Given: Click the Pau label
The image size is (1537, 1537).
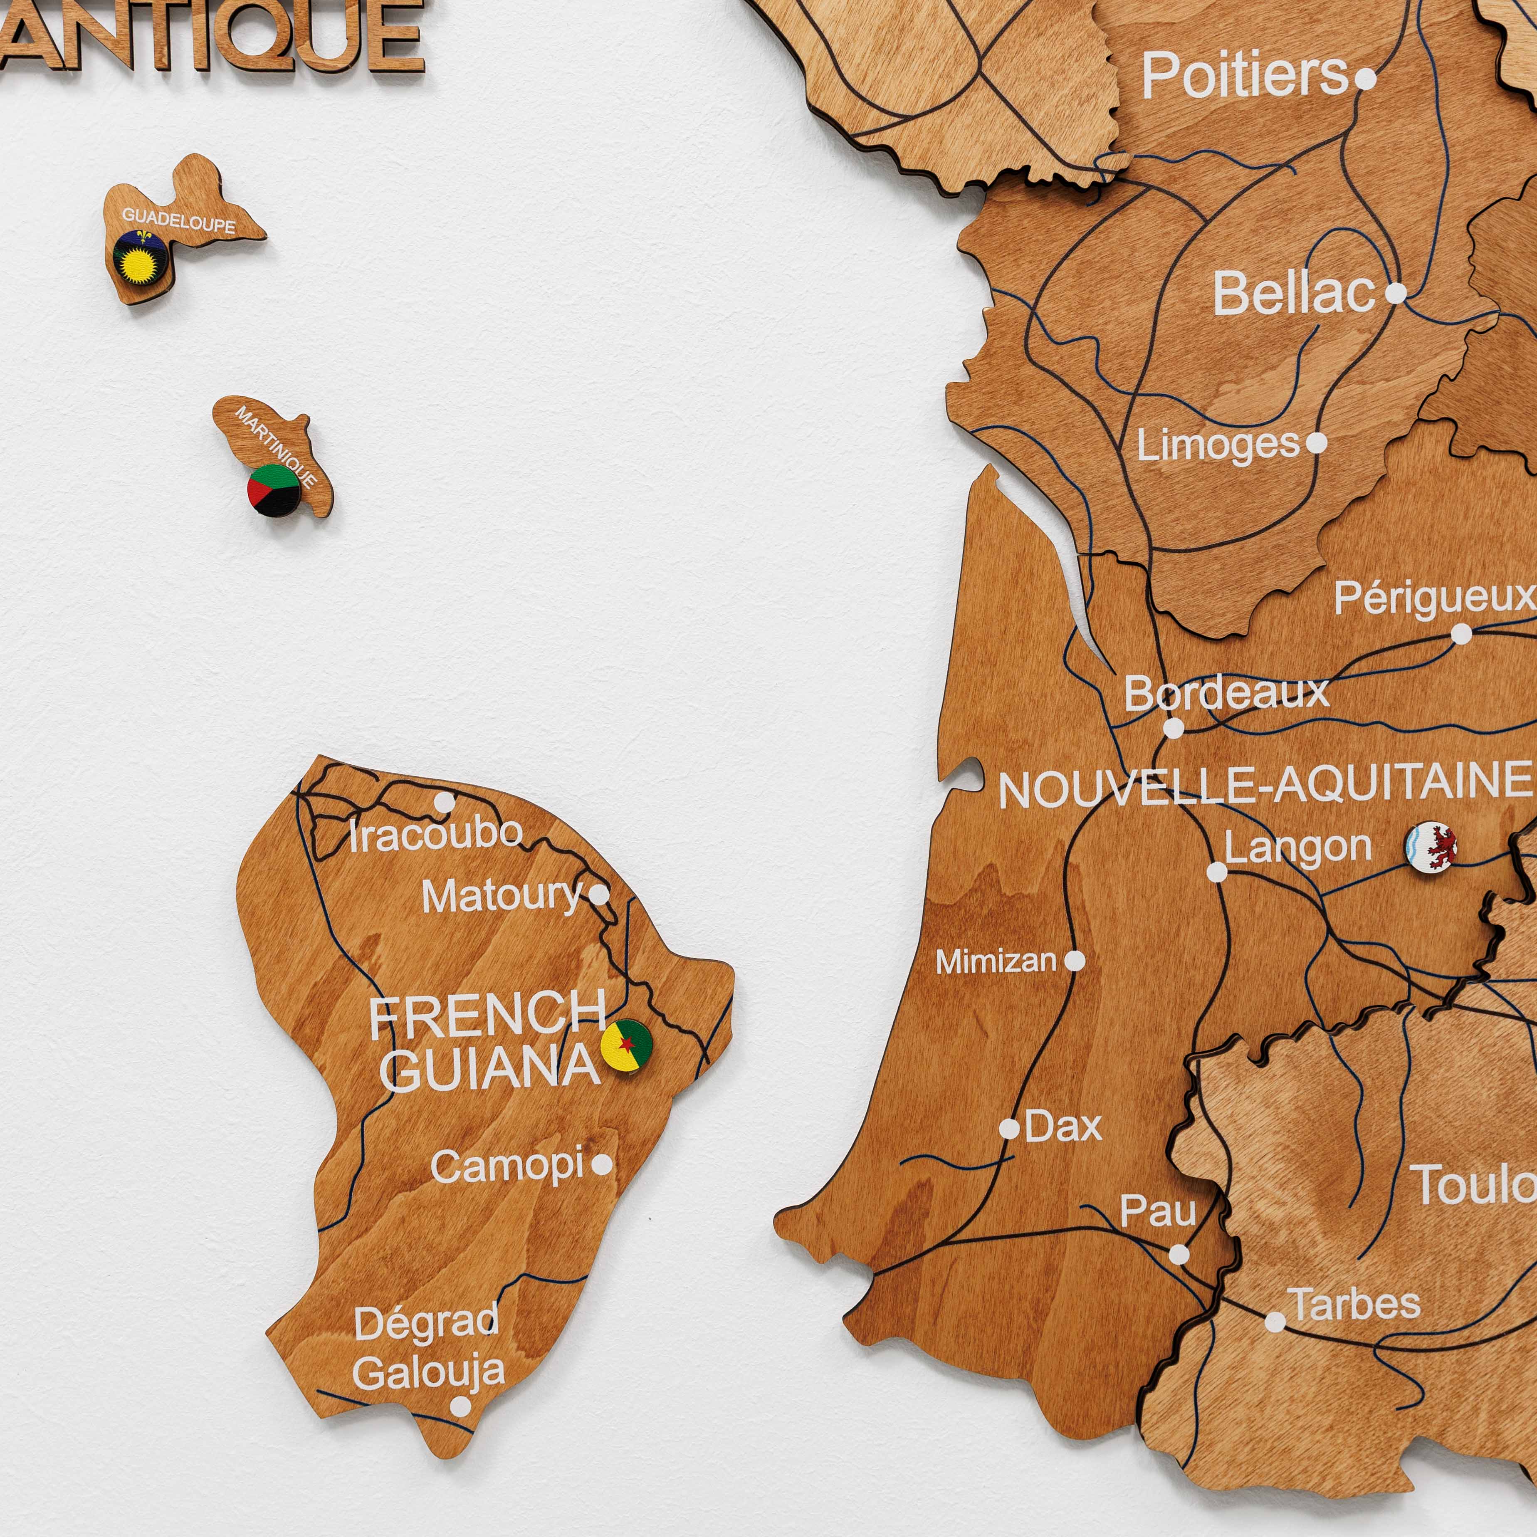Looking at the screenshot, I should (1157, 1212).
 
